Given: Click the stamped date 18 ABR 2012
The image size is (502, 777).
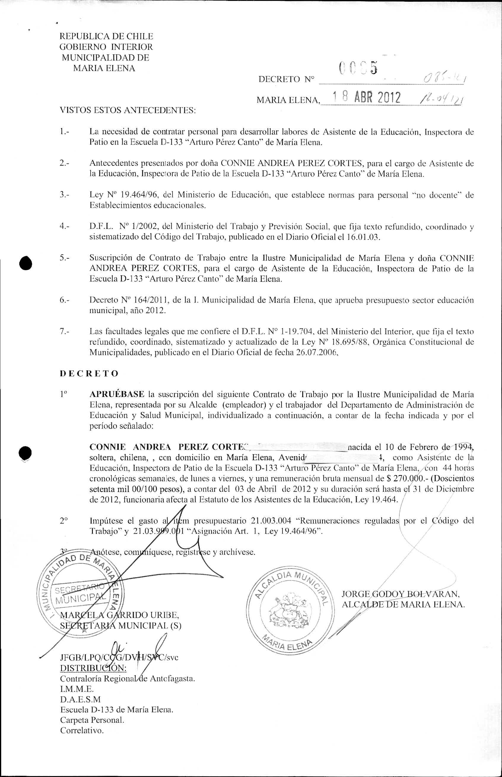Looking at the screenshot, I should pyautogui.click(x=366, y=97).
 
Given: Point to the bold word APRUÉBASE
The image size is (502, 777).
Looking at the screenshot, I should pyautogui.click(x=117, y=394).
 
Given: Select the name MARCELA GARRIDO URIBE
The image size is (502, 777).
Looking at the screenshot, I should pyautogui.click(x=119, y=615).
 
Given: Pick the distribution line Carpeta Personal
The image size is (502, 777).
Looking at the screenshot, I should pyautogui.click(x=92, y=720).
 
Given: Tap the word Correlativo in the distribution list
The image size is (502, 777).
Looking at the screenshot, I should pyautogui.click(x=82, y=730).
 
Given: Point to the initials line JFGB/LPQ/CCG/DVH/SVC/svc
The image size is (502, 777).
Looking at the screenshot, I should pyautogui.click(x=119, y=657).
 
